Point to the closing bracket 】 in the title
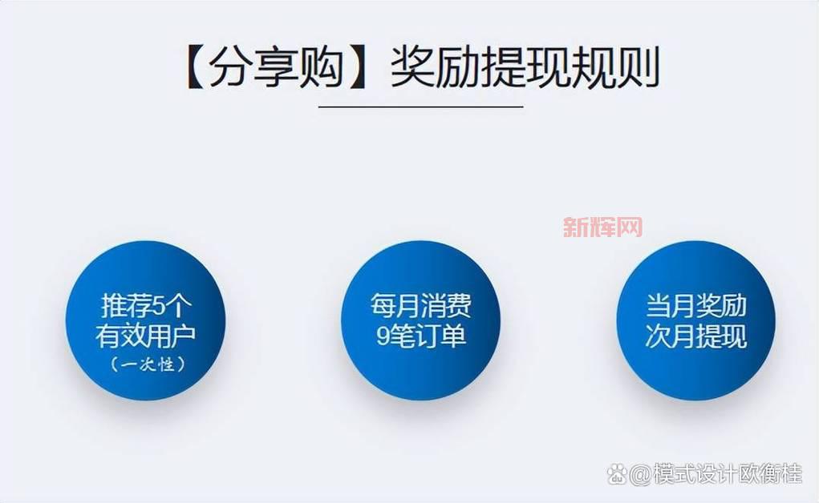[361, 67]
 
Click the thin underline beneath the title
[420, 106]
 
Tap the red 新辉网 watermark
[602, 227]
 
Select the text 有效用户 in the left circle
[145, 336]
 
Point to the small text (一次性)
[146, 364]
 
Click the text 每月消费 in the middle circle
[420, 305]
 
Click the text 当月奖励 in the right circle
[695, 305]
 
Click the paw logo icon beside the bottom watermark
[617, 474]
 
